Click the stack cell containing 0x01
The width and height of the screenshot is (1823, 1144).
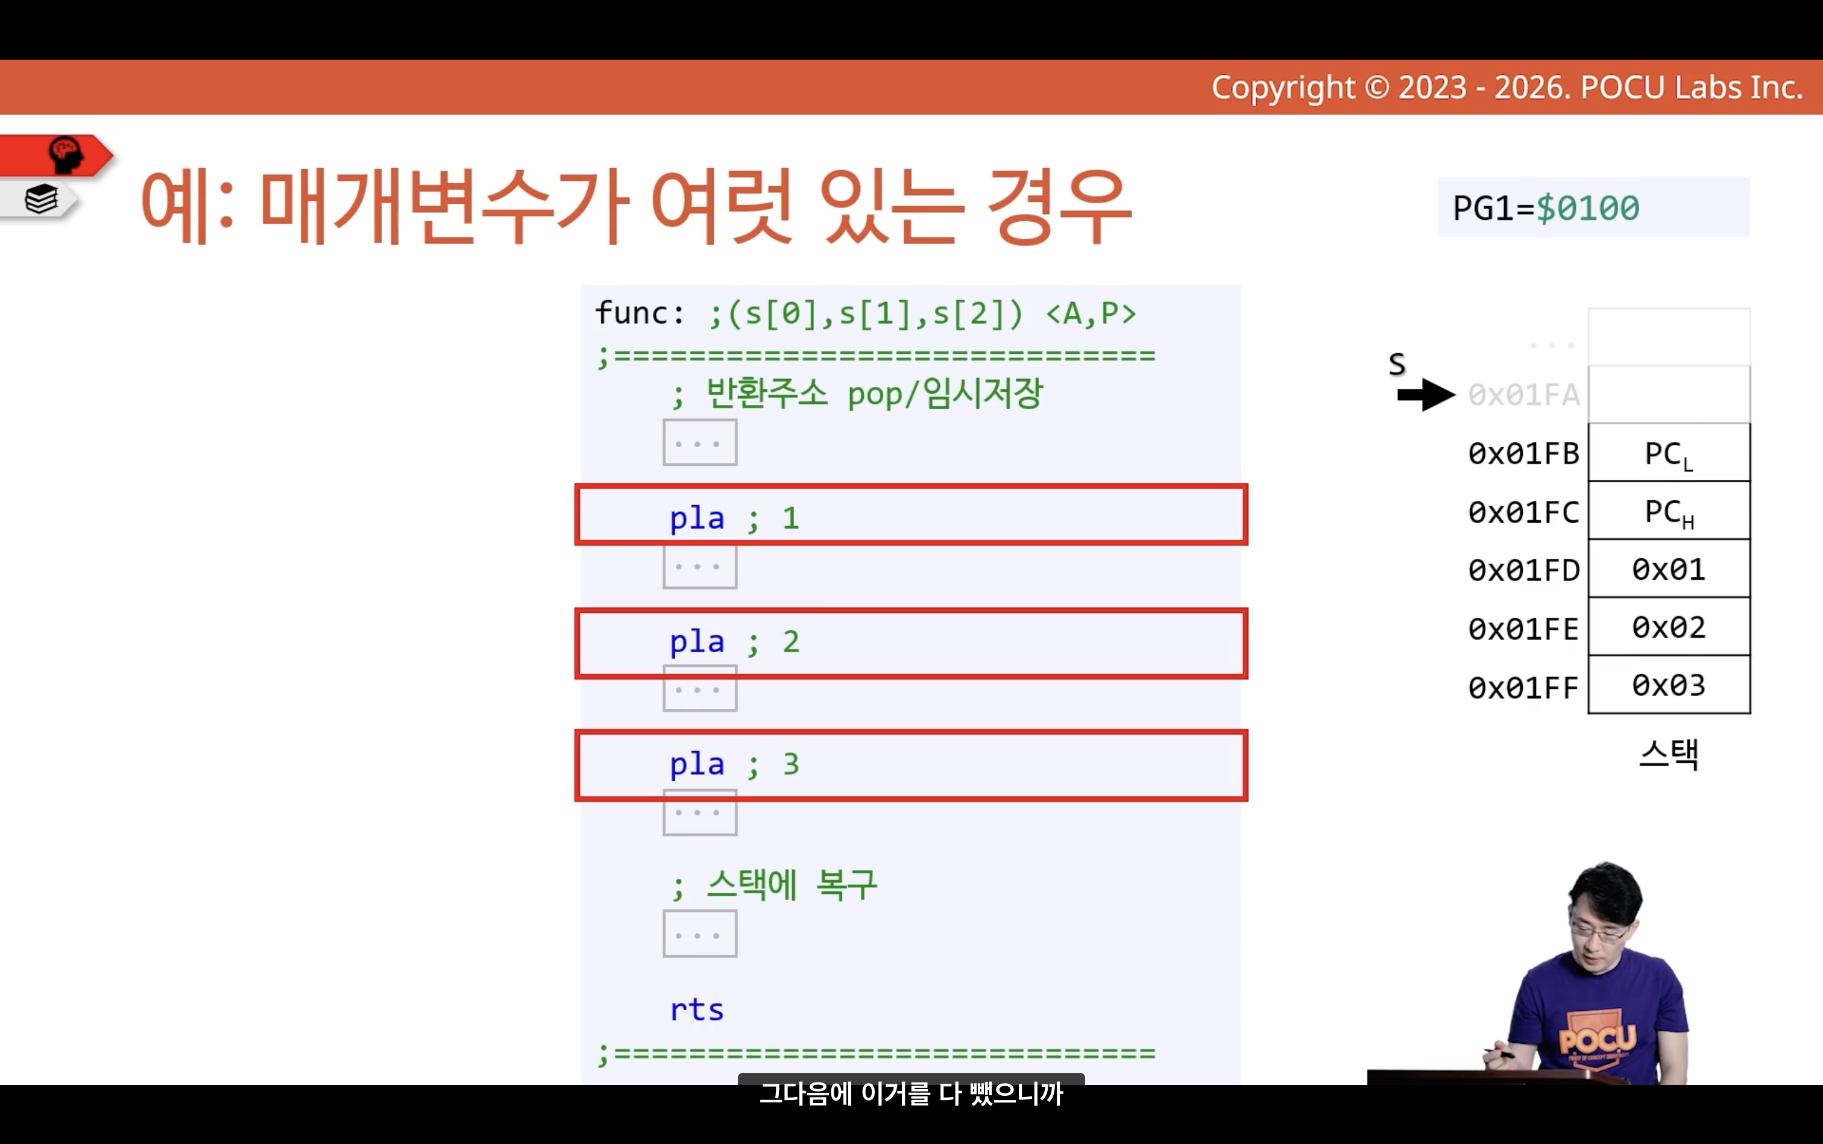click(1669, 569)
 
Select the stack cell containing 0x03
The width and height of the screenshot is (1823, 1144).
click(1669, 685)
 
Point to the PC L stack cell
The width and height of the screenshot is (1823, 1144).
click(1669, 453)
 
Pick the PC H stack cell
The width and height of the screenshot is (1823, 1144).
click(1669, 511)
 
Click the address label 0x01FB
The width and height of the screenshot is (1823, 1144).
click(1523, 454)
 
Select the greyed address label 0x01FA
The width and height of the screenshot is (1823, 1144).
click(1523, 395)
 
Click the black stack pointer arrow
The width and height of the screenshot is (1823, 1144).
click(1426, 395)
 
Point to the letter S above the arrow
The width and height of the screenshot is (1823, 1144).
click(1397, 365)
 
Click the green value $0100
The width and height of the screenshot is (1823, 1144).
click(1588, 208)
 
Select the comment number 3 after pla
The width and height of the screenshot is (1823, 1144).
click(791, 764)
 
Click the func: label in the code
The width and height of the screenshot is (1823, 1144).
click(640, 312)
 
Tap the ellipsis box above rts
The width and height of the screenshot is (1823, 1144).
click(700, 934)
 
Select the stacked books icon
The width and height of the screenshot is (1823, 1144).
click(42, 200)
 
